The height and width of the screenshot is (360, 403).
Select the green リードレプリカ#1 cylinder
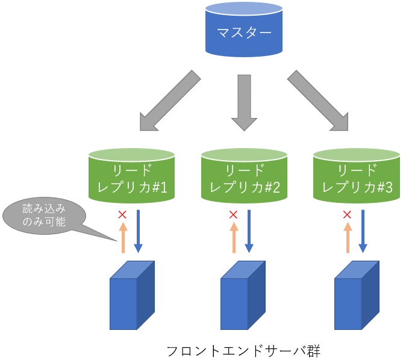point(132,175)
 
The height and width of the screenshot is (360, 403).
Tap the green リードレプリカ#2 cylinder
point(244,175)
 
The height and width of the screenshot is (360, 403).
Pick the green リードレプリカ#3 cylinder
point(357,175)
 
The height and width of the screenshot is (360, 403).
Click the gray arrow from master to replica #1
point(169,101)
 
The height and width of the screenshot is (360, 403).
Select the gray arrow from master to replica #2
point(244,101)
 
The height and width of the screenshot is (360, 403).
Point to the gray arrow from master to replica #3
point(318,101)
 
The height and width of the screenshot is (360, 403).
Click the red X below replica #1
point(122,214)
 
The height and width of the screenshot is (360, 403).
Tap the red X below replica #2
point(234,214)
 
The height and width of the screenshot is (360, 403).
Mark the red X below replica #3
point(347,214)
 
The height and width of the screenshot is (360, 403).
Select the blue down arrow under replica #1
point(138,231)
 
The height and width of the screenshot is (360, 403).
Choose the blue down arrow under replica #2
point(249,231)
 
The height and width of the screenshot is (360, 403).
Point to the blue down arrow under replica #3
point(363,231)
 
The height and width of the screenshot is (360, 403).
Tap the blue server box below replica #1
point(132,296)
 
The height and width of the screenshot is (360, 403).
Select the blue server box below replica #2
point(243,296)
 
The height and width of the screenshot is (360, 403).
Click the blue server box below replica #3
point(357,296)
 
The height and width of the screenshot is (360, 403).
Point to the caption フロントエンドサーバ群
point(243,350)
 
